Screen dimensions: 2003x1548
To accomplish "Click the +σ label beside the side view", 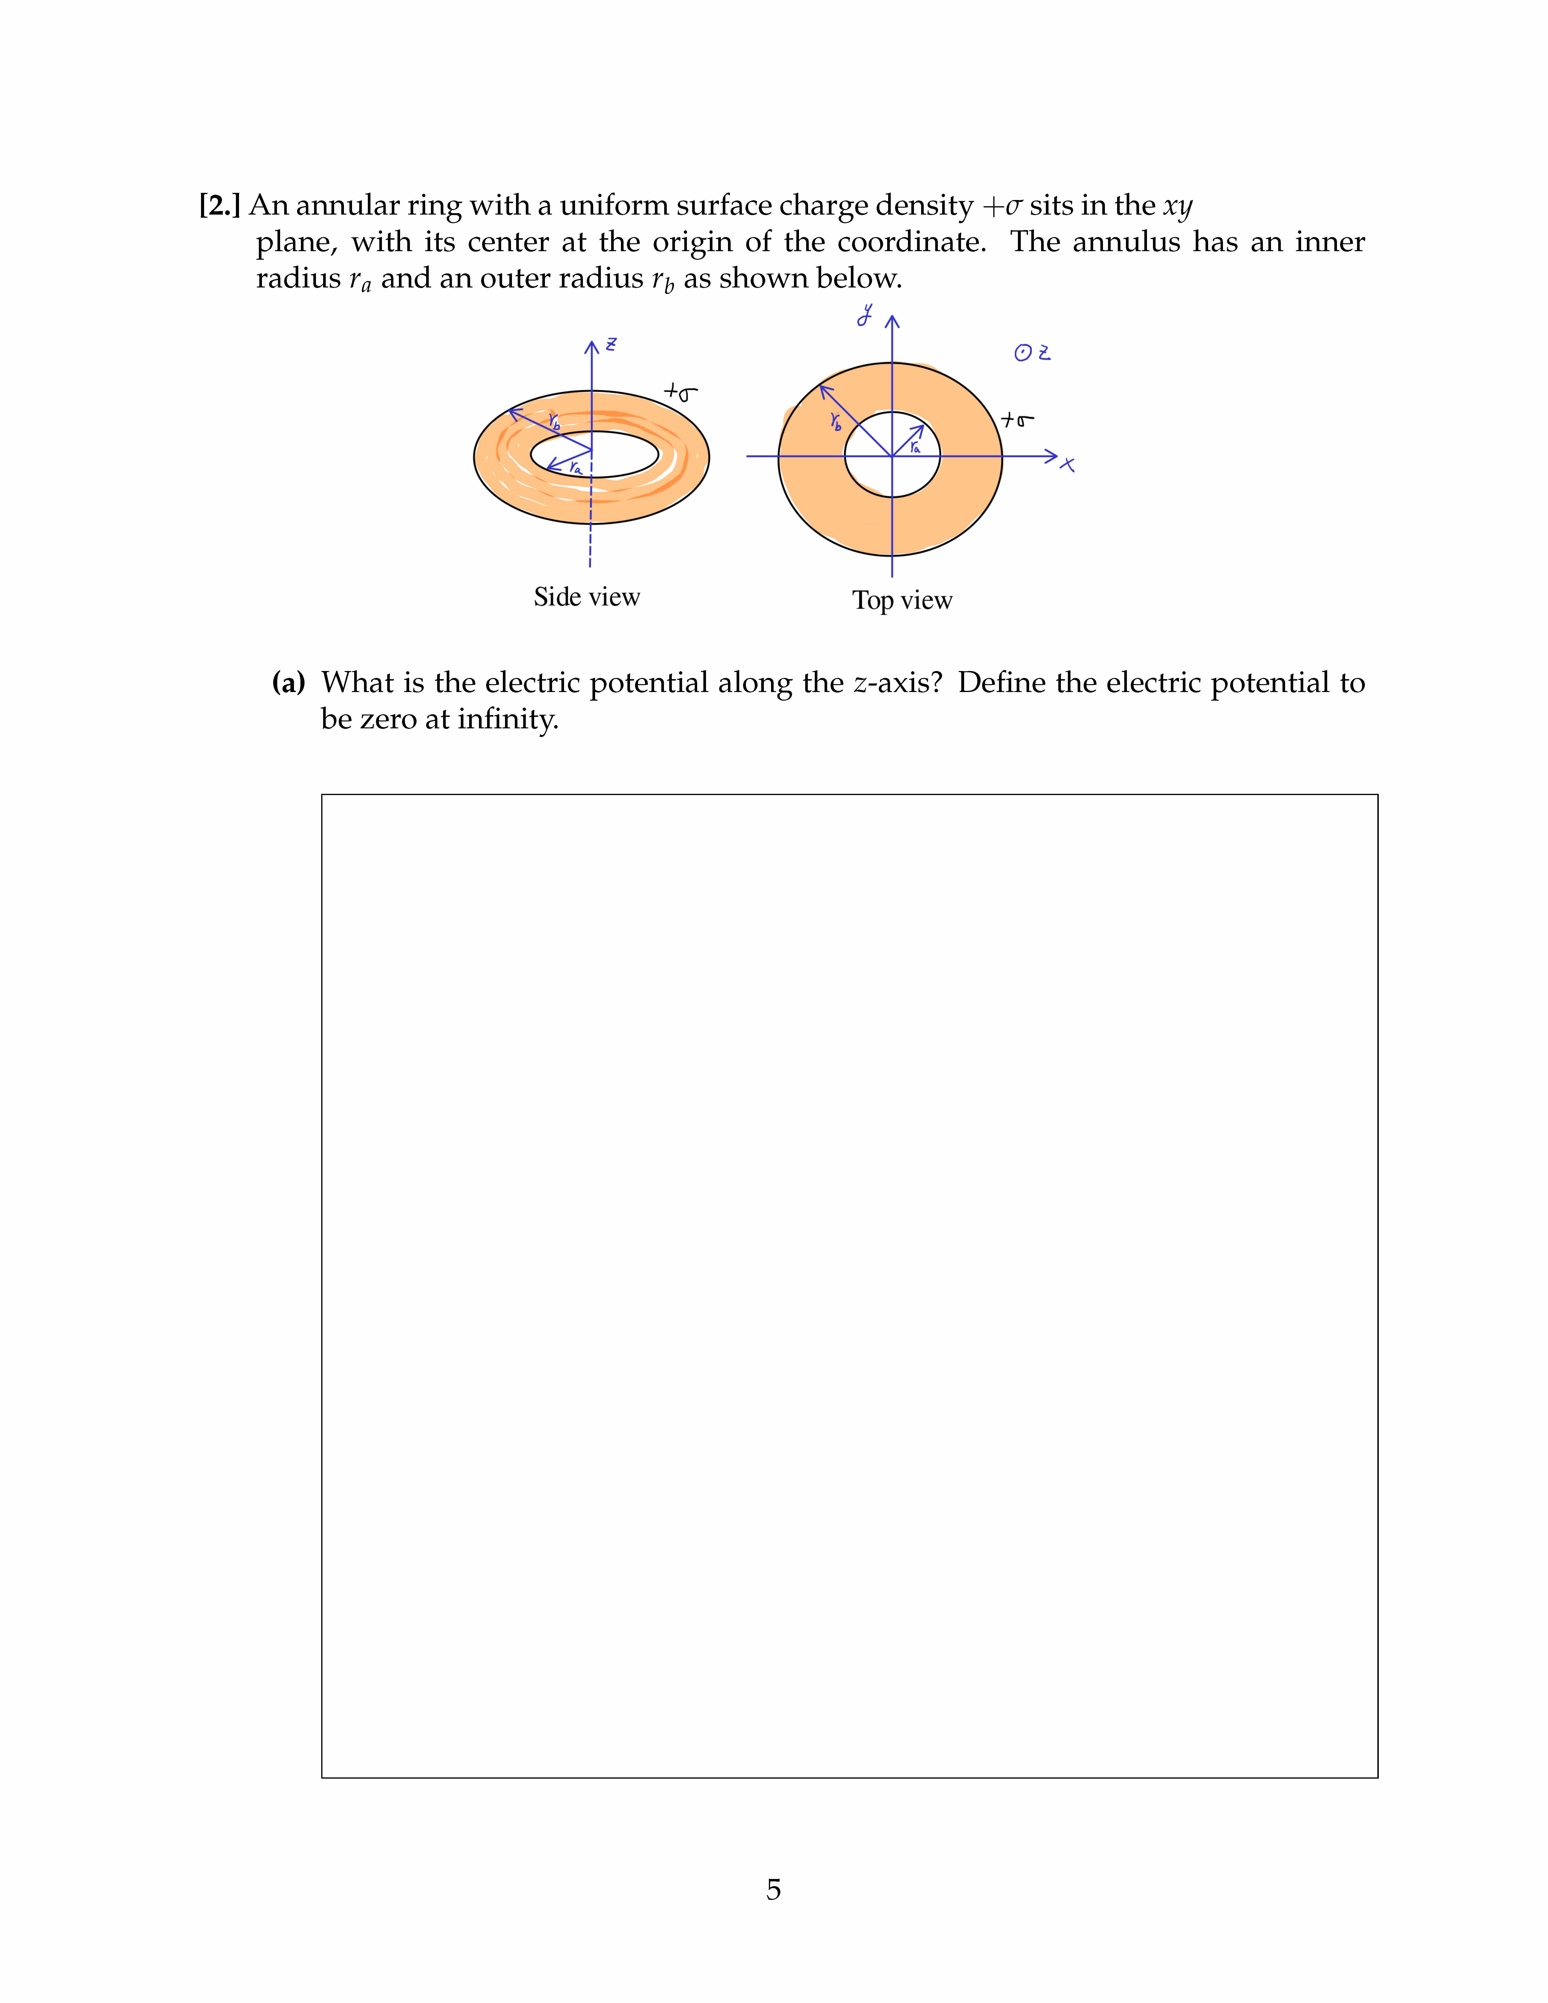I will coord(680,393).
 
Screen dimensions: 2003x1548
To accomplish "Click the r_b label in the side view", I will coord(554,422).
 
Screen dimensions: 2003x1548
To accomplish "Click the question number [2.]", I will coord(219,206).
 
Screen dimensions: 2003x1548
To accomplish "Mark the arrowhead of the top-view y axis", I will coord(892,321).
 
